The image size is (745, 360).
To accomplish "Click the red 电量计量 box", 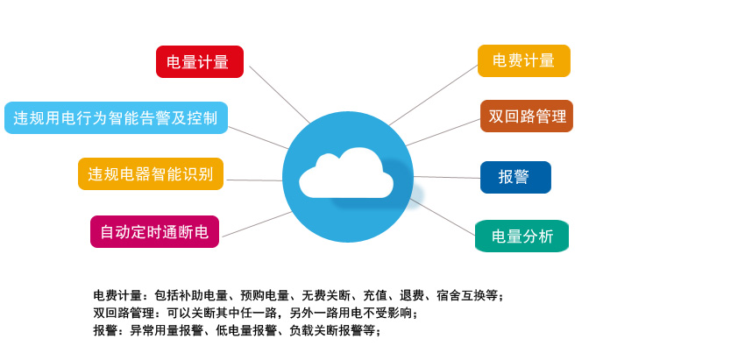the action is [x=200, y=61].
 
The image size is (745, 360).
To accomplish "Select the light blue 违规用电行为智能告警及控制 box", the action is [x=116, y=117].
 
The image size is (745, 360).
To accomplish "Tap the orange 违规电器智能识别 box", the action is [x=151, y=173].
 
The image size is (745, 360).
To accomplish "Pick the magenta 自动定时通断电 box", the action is [x=154, y=232].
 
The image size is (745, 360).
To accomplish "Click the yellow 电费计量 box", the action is [x=523, y=60].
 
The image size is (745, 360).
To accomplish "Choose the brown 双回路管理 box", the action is [x=527, y=116].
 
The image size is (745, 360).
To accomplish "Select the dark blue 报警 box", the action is [x=515, y=177].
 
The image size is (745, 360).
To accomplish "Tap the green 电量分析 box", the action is [x=521, y=236].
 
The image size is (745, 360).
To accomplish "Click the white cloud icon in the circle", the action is [x=346, y=173].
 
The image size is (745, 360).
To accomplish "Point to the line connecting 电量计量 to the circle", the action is [x=280, y=95].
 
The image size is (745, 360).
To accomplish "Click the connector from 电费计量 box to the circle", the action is [x=433, y=95].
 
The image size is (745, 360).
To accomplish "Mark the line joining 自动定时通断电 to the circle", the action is [x=257, y=224].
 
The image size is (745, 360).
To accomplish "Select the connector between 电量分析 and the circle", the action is [x=443, y=217].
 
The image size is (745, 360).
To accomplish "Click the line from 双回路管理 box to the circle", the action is [x=443, y=132].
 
